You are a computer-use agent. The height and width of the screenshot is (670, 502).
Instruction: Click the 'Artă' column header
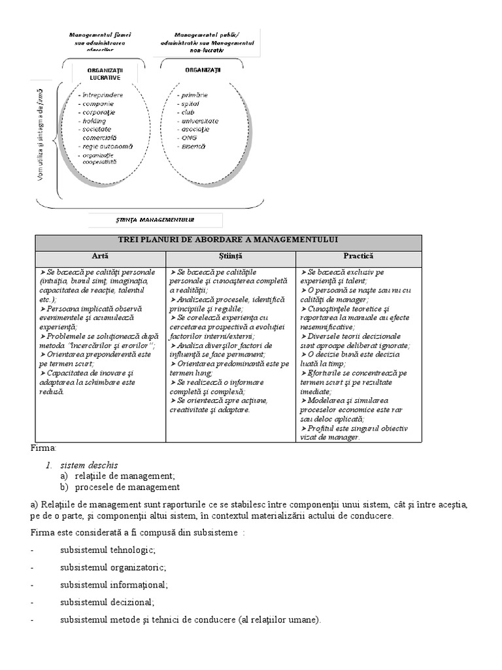pos(100,256)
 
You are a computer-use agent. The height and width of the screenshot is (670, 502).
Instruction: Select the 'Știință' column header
pos(230,256)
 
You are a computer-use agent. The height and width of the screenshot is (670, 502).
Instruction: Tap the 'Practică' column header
pos(358,256)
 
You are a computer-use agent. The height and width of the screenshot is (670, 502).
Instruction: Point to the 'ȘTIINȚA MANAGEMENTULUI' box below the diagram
pos(155,220)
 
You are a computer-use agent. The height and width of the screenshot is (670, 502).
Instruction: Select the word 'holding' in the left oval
pos(95,120)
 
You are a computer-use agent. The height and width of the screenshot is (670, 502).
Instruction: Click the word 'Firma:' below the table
pos(44,448)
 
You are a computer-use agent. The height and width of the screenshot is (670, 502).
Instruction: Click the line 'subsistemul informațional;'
pos(114,584)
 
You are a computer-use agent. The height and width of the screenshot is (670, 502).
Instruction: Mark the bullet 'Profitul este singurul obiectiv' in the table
pos(357,429)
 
